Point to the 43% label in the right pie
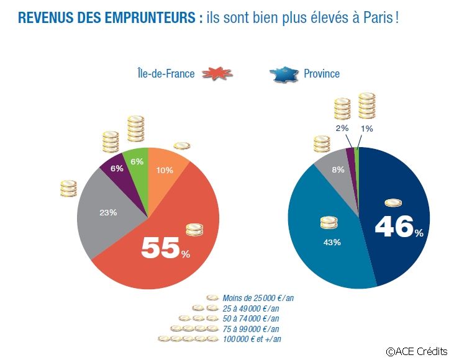click(x=332, y=242)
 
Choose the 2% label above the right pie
click(x=342, y=128)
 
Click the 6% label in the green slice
click(x=137, y=161)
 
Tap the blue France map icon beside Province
click(x=284, y=74)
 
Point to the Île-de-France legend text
click(x=165, y=74)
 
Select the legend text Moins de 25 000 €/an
click(x=258, y=298)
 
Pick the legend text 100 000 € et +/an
click(x=255, y=339)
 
